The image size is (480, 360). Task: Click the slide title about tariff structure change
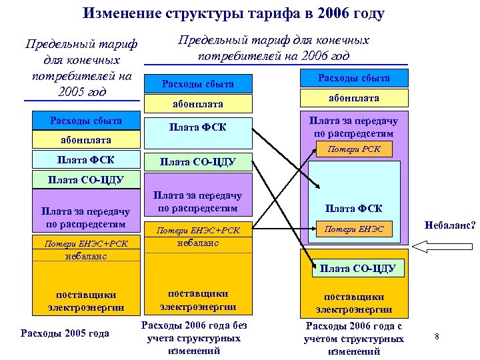point(234,13)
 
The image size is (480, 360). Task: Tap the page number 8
point(437,336)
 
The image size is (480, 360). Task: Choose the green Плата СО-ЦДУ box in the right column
point(357,269)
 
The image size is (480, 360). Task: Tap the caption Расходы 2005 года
point(65,333)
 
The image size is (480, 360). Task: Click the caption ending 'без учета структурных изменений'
point(198,338)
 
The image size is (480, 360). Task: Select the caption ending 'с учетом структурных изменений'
point(353,339)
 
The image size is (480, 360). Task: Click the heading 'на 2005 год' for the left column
point(81,67)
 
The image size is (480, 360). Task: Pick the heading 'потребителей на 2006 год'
point(273,47)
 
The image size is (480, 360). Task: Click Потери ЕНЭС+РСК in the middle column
point(198,231)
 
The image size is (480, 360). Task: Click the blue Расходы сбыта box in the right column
point(353,77)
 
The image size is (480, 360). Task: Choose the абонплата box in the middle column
point(198,104)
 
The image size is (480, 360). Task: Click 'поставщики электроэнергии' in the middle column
point(198,300)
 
